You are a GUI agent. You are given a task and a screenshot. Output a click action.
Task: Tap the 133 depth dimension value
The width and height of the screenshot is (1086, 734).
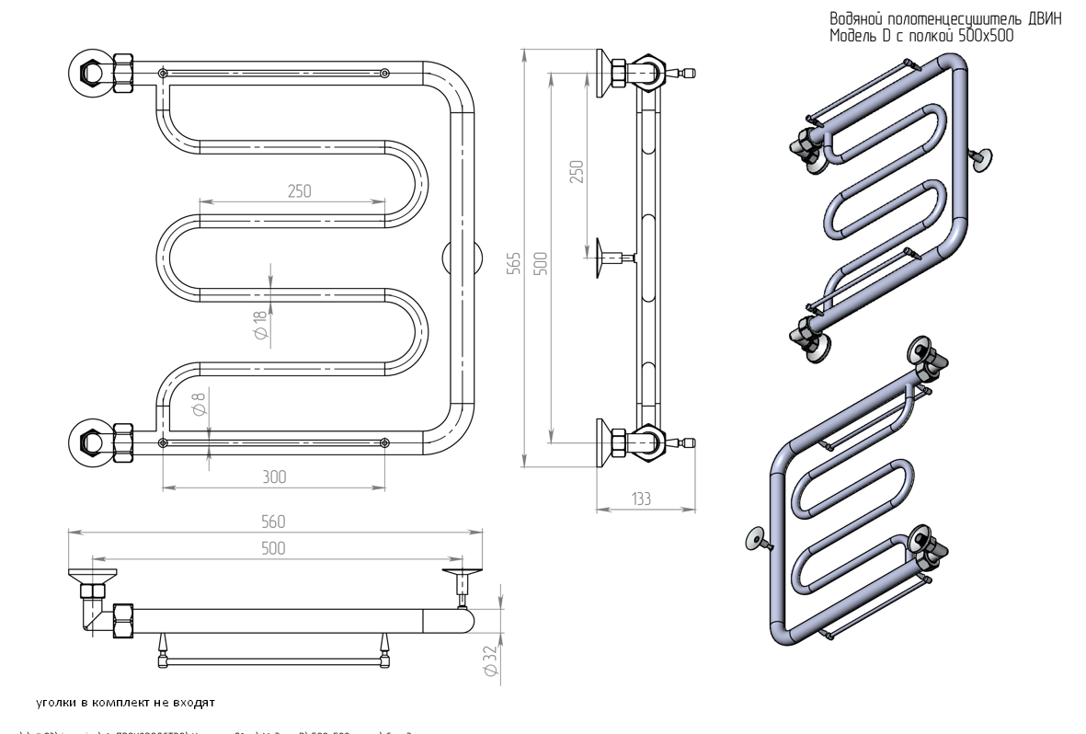[x=641, y=499]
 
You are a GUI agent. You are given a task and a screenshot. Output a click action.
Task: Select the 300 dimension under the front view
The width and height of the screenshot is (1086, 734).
[x=274, y=476]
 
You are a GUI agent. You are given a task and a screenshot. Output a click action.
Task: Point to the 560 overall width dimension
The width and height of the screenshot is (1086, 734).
[x=273, y=522]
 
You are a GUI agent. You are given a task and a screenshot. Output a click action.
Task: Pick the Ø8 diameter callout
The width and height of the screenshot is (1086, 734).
[x=199, y=405]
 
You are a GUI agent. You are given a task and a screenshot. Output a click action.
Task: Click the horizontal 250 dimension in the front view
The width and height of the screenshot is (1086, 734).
[x=299, y=191]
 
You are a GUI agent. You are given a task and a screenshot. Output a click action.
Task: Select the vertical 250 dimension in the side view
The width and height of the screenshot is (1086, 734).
[x=577, y=172]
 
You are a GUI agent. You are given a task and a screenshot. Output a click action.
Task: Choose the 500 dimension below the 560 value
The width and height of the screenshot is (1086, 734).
[x=273, y=548]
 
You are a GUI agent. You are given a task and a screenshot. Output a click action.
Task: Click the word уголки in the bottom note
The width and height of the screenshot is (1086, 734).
[x=57, y=704]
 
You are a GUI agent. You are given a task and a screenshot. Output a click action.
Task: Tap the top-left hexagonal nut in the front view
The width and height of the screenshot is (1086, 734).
[x=92, y=70]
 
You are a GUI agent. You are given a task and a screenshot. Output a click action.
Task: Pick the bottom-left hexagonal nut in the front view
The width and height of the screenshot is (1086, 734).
[x=92, y=440]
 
